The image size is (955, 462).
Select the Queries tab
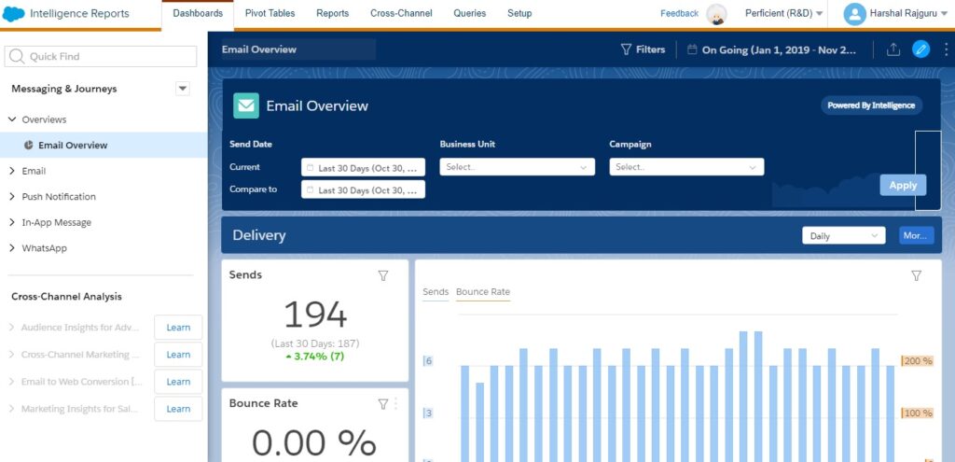tap(470, 13)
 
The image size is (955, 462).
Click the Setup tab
tap(519, 13)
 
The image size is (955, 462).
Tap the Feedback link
tap(679, 13)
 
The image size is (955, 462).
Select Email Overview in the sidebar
tap(73, 146)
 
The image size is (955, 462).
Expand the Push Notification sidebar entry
tap(59, 197)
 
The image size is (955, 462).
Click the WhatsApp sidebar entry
tap(44, 248)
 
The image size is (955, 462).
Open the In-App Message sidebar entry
tap(56, 222)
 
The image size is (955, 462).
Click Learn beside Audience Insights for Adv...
tap(178, 328)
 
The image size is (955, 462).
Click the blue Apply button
tap(903, 185)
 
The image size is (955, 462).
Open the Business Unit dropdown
tap(518, 167)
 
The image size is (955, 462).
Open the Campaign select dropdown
tap(686, 167)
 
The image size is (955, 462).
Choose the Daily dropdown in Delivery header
tap(843, 236)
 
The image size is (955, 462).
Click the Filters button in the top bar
tap(643, 49)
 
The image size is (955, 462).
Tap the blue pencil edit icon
tap(921, 49)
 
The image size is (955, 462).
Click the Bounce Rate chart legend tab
tap(483, 292)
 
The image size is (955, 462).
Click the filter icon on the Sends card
tap(382, 275)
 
